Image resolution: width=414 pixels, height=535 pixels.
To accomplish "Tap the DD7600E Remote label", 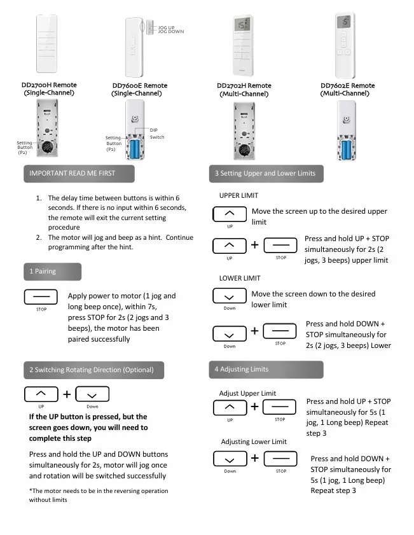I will [139, 86].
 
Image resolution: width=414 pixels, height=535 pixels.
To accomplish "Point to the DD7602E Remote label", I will [348, 86].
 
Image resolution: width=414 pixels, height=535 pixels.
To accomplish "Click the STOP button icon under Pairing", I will [41, 298].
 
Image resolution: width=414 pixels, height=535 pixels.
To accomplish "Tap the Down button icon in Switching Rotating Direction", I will [92, 395].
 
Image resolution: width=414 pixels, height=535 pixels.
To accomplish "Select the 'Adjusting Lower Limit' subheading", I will [254, 441].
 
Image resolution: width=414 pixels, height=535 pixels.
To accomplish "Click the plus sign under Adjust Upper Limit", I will [255, 406].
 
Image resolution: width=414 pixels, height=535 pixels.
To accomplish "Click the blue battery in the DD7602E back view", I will [347, 150].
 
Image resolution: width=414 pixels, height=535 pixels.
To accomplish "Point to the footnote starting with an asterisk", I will [99, 495].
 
